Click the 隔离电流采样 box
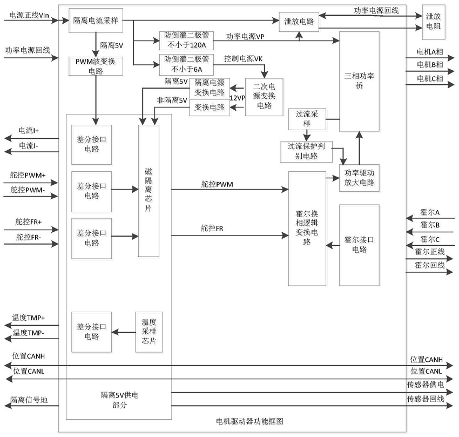(96, 21)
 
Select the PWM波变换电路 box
(96, 66)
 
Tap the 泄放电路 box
(299, 22)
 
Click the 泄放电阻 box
(434, 22)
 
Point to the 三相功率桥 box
(359, 82)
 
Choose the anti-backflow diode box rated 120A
(186, 41)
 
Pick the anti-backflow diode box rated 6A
(186, 65)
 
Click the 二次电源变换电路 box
(264, 97)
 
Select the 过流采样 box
(307, 119)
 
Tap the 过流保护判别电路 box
(307, 152)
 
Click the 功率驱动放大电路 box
(359, 178)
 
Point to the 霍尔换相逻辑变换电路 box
(307, 228)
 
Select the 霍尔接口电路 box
(359, 245)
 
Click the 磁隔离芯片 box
(148, 191)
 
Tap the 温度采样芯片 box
(149, 332)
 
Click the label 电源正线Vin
(29, 15)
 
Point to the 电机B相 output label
(430, 65)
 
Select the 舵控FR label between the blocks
(212, 228)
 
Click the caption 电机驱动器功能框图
(249, 421)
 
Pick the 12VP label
(238, 98)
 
